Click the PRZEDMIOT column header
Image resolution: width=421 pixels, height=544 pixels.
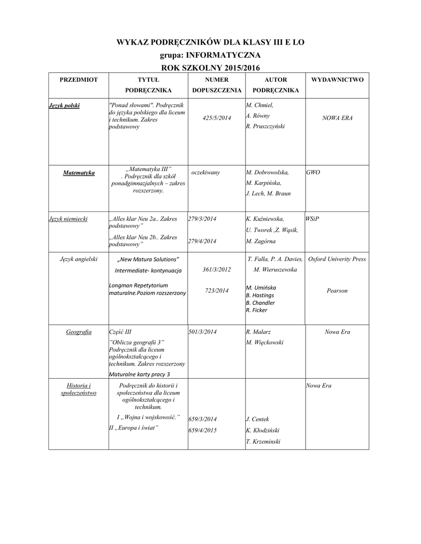click(x=79, y=79)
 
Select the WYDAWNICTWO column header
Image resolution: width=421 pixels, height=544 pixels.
click(x=337, y=79)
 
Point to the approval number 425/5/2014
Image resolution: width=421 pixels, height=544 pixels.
click(x=217, y=118)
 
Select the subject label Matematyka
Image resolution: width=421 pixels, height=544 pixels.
click(x=79, y=173)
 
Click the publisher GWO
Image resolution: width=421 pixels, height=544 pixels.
click(x=313, y=173)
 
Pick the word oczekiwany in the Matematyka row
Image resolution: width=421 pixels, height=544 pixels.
click(x=205, y=173)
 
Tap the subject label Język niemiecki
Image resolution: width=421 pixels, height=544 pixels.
click(x=68, y=218)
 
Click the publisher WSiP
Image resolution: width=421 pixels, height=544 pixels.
click(x=312, y=218)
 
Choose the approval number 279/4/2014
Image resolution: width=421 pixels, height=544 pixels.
click(x=203, y=241)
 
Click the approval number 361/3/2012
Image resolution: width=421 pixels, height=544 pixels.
click(x=217, y=269)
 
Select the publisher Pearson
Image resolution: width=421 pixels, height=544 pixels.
click(x=337, y=291)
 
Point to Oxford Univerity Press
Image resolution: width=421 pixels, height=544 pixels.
click(x=337, y=259)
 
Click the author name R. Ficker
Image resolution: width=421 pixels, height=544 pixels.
click(x=257, y=310)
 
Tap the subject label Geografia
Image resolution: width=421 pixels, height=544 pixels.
click(x=79, y=331)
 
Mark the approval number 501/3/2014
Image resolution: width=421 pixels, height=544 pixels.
click(x=203, y=331)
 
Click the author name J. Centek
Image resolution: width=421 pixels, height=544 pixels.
click(x=258, y=419)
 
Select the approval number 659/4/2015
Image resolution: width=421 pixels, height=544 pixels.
click(x=203, y=430)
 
